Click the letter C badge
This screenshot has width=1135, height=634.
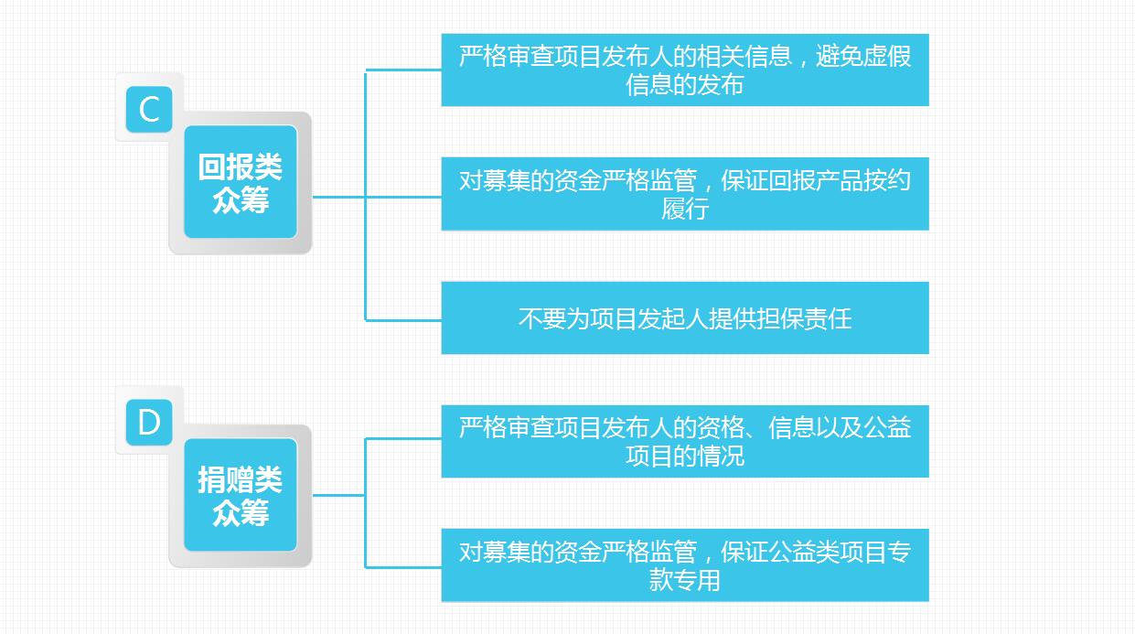[x=149, y=110]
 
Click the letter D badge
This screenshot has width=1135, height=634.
[x=149, y=423]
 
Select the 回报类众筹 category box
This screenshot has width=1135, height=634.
[x=241, y=182]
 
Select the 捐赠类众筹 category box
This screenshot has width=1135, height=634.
[x=241, y=495]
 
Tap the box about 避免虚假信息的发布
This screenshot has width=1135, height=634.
[x=684, y=70]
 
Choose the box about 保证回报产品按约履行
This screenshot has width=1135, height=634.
[x=684, y=193]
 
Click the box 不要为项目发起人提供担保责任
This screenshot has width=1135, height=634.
[x=684, y=317]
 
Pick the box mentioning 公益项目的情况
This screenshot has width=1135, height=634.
[x=684, y=441]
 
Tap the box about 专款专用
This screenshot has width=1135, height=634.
[x=684, y=564]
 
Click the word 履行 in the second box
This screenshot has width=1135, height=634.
[x=685, y=209]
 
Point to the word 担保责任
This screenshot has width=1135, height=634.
[x=804, y=318]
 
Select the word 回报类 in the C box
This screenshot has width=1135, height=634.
[x=241, y=167]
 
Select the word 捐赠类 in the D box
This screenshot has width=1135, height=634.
[x=241, y=479]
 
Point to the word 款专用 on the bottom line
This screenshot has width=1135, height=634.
[x=685, y=580]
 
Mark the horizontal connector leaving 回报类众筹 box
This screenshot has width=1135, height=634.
[x=338, y=197]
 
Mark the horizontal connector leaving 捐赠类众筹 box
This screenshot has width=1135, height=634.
[x=338, y=495]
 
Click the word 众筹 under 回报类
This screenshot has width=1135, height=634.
[x=241, y=199]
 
